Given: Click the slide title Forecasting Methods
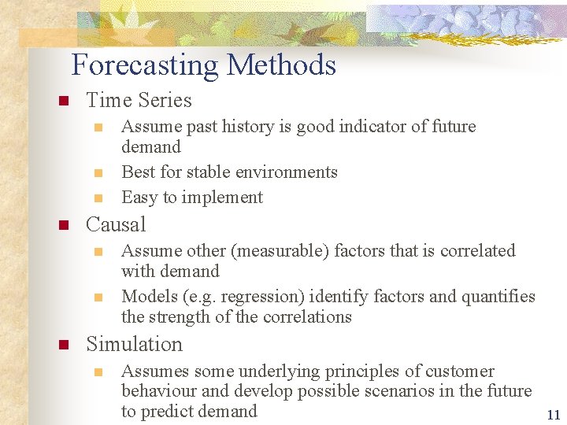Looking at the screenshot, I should point(203,65).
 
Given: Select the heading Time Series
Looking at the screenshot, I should point(139,101).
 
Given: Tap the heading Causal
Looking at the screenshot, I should point(116,225).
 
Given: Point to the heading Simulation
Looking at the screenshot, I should point(134,345).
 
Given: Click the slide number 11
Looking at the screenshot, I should point(553,416).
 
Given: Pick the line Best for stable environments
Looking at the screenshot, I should point(229,172).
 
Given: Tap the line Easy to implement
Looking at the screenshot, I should point(192,198).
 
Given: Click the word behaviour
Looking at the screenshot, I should point(157,391).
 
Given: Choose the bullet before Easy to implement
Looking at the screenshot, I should point(98,198).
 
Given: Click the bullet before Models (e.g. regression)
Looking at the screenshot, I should point(98,297).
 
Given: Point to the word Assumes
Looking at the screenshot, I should point(155,371).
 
